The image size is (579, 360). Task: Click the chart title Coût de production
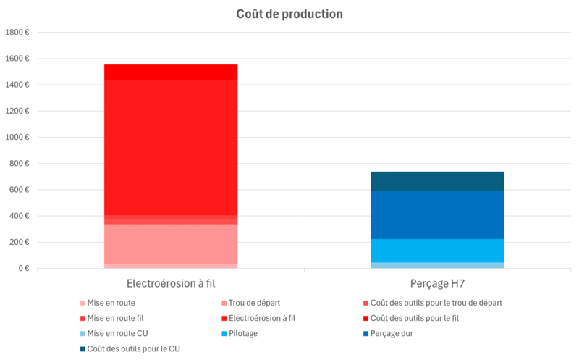(289, 14)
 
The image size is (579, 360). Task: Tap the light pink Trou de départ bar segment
(171, 244)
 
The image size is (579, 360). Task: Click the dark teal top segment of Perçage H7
(437, 181)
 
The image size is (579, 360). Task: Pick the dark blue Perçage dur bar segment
(437, 214)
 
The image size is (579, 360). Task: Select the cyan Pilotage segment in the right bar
(437, 251)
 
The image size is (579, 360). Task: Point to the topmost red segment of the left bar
(171, 72)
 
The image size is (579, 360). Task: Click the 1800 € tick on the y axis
(17, 33)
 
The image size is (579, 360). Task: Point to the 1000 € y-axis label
(17, 138)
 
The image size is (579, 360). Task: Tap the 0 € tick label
(22, 269)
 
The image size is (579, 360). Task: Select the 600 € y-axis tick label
(19, 190)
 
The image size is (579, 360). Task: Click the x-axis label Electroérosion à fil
(171, 283)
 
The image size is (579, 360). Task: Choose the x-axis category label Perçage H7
(437, 283)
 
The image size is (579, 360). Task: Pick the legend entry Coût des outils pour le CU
(134, 348)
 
